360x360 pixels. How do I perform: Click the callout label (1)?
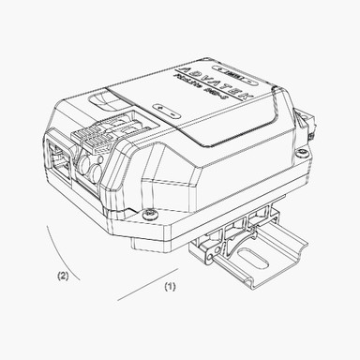[x=170, y=284]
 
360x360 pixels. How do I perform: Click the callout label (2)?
[x=63, y=277]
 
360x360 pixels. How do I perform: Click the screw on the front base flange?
[x=151, y=216]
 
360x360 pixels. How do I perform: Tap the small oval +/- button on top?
[x=169, y=109]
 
